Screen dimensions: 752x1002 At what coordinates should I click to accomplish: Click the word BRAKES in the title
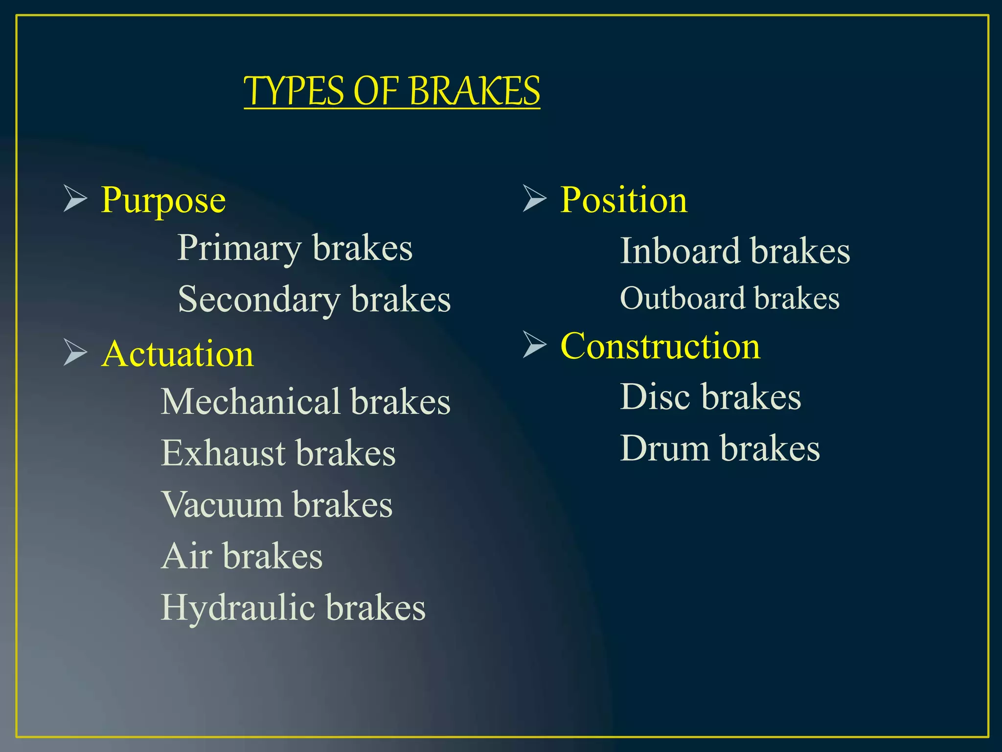point(474,92)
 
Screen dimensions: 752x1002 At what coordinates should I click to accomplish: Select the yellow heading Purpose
point(163,201)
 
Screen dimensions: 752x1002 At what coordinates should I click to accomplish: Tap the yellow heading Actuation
point(178,354)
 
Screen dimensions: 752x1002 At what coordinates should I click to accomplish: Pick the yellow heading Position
point(623,200)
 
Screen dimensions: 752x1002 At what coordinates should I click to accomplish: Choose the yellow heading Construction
point(660,346)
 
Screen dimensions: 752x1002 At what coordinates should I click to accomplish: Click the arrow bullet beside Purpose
point(75,199)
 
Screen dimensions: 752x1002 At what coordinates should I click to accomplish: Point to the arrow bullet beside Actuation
point(75,352)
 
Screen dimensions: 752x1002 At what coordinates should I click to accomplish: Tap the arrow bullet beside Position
point(534,198)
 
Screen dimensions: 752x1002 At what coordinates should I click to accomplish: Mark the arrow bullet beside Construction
point(534,344)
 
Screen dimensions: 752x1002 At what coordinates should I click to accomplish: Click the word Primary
point(239,249)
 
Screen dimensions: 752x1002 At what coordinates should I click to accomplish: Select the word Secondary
point(259,300)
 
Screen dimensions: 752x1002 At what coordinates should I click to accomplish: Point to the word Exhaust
point(223,453)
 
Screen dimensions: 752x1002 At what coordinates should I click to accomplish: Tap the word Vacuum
point(222,505)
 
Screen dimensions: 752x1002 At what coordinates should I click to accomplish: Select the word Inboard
point(680,251)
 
